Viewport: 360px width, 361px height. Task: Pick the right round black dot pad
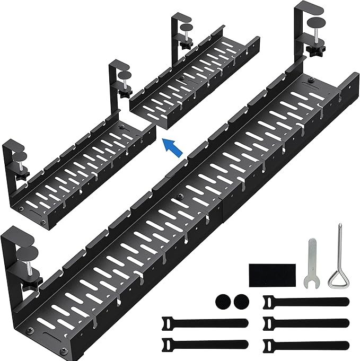(240, 302)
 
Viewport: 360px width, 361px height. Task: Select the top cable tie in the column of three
(305, 302)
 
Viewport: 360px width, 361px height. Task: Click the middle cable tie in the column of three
(305, 323)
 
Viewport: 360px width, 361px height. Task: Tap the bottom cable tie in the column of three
(305, 345)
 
